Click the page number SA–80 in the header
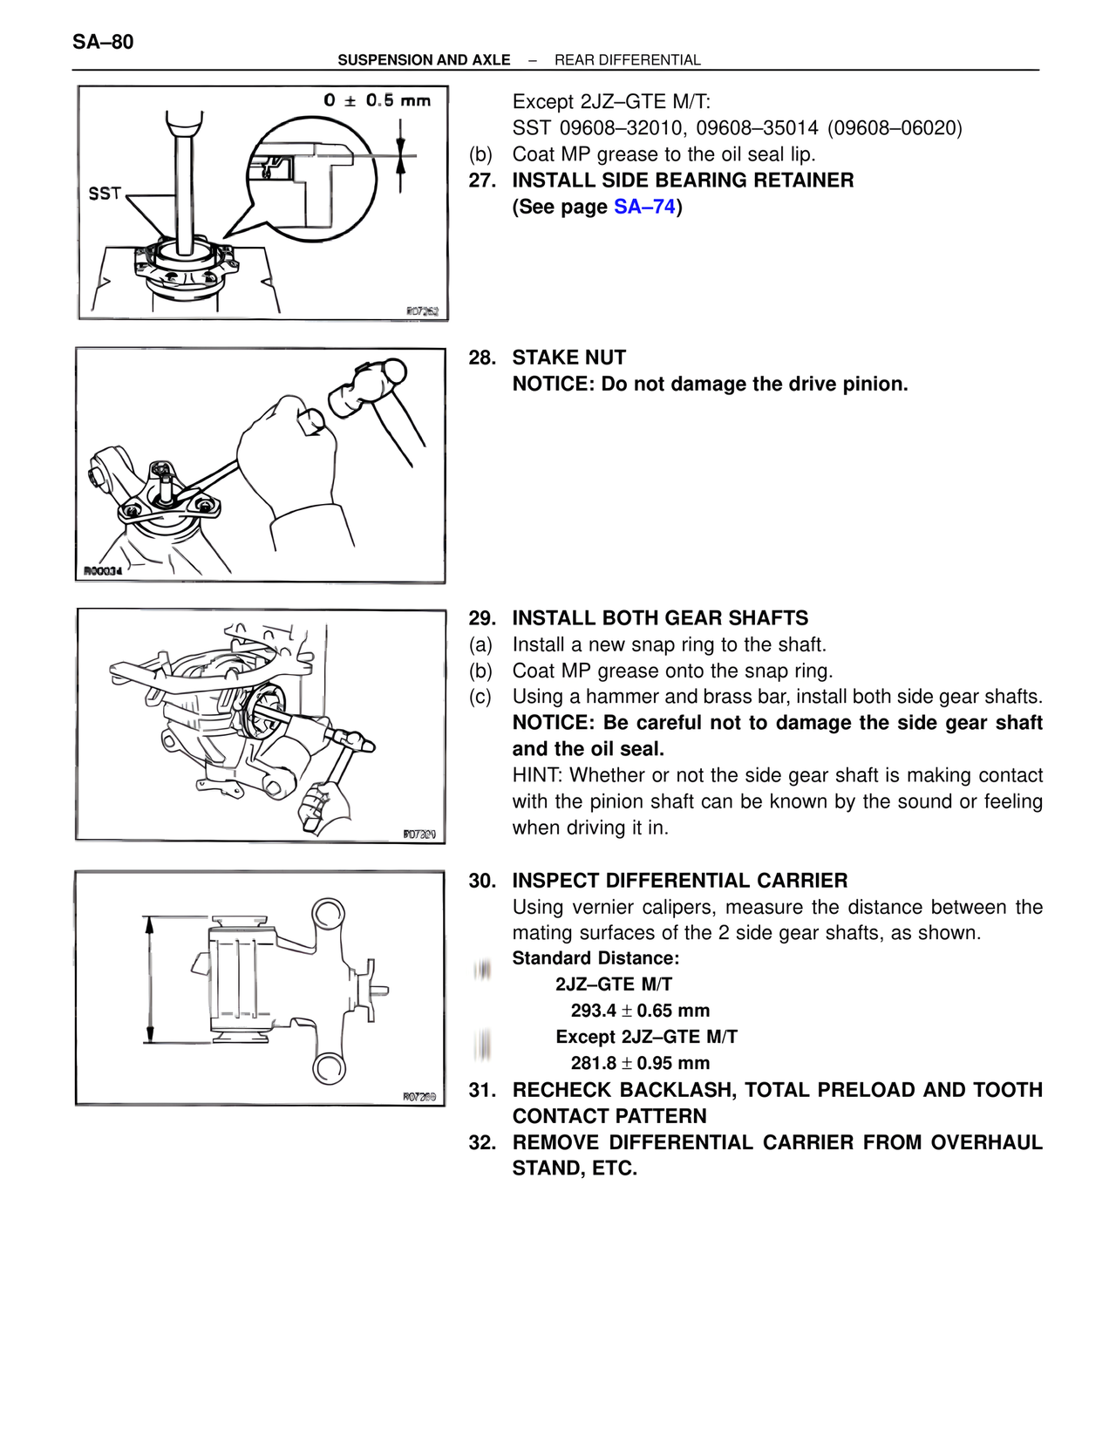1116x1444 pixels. tap(103, 42)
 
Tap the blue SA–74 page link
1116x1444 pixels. tap(644, 207)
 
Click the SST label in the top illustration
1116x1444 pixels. tap(105, 193)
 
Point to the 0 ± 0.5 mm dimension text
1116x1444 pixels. tap(377, 100)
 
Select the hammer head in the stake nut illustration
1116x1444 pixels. tap(367, 387)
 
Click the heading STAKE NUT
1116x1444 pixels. tap(568, 358)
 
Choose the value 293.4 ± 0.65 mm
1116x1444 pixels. tap(640, 1011)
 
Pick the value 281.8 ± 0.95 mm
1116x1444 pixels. tap(640, 1063)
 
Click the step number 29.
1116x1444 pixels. tap(481, 618)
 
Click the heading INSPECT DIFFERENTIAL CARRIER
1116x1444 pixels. tap(679, 881)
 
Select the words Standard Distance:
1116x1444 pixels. tap(595, 958)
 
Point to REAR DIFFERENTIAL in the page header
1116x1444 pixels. tap(627, 60)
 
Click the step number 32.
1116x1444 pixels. tap(481, 1142)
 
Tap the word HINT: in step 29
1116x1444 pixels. tap(537, 775)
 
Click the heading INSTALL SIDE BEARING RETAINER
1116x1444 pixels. tap(683, 180)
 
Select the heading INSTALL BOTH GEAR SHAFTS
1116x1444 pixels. tap(660, 618)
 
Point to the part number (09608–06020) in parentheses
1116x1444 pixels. tap(895, 128)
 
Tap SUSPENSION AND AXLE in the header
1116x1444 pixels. tap(424, 60)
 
